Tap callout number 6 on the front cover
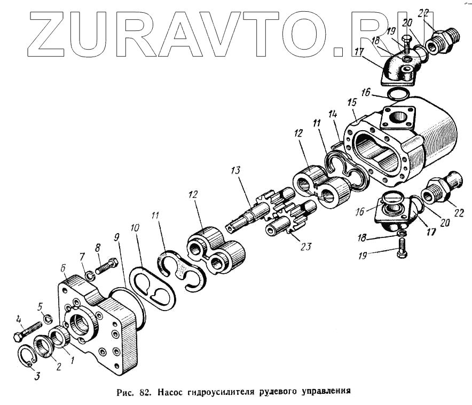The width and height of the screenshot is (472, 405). tap(64, 268)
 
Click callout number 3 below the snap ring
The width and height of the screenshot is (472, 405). tap(36, 376)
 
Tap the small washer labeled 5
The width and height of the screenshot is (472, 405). tap(46, 320)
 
